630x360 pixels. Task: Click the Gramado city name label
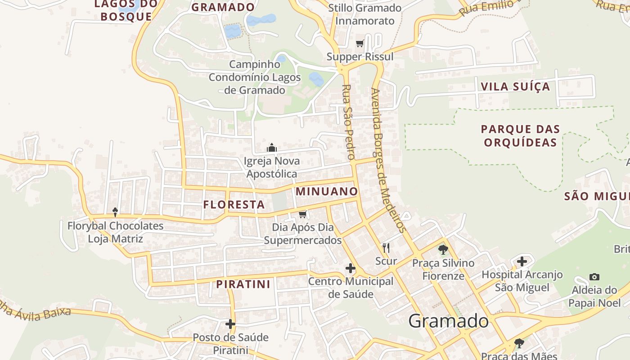(448, 321)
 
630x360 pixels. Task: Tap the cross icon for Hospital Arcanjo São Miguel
(522, 261)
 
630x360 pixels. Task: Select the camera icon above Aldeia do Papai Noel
(594, 277)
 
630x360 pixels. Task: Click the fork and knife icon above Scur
(386, 247)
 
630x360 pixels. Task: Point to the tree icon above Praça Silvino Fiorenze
(443, 249)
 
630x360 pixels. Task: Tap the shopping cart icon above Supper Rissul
(360, 44)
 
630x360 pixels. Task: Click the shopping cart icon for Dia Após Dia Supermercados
(303, 214)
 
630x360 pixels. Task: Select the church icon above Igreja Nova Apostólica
(272, 148)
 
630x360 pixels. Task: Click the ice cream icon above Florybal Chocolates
(115, 212)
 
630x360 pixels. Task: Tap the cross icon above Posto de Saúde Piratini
(230, 324)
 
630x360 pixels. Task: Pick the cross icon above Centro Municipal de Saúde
(351, 269)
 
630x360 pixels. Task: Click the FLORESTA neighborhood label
(234, 205)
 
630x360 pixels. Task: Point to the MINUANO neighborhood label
(327, 191)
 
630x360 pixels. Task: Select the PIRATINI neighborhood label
(243, 284)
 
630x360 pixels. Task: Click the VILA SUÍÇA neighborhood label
(515, 86)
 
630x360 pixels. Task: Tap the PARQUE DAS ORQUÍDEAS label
(520, 136)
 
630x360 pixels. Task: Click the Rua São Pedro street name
(348, 122)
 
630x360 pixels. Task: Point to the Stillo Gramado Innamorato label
(364, 14)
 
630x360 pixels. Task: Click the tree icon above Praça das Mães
(519, 343)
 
